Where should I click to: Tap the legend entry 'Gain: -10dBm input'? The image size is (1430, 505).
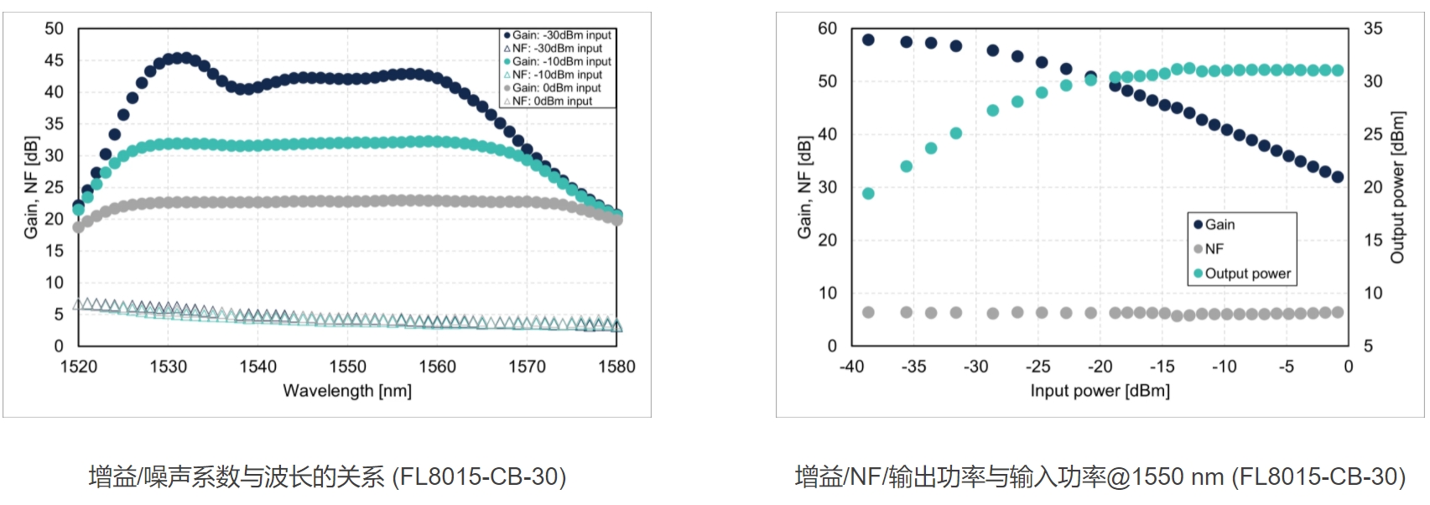[562, 62]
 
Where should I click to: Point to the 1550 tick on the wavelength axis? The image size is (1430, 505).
[347, 367]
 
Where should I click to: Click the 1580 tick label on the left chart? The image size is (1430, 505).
[616, 367]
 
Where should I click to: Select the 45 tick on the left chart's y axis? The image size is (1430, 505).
[54, 60]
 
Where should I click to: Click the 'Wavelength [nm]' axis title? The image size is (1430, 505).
[347, 391]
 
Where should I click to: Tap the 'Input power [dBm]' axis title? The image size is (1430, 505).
[1100, 391]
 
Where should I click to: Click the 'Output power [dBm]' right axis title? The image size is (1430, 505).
[1397, 187]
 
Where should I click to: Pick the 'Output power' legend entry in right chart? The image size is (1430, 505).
[1247, 273]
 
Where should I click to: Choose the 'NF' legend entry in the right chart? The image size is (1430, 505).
[1214, 249]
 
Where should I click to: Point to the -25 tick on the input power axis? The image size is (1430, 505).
[1037, 367]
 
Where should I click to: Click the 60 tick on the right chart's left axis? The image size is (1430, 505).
[827, 29]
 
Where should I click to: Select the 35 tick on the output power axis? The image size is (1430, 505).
[1373, 29]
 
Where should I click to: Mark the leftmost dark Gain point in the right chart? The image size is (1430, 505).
[868, 39]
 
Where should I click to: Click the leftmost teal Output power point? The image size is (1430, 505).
[868, 194]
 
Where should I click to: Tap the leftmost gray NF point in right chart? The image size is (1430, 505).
[868, 312]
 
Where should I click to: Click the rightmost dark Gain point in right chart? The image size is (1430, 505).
[1338, 177]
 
